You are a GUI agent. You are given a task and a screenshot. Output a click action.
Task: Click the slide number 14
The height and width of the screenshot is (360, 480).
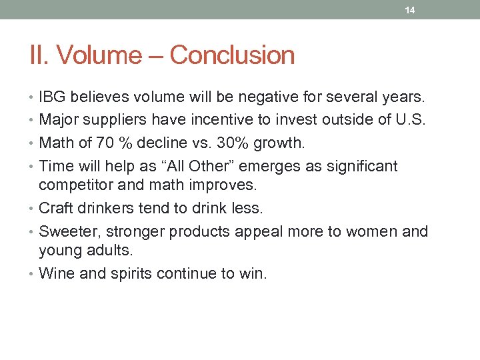[x=411, y=10]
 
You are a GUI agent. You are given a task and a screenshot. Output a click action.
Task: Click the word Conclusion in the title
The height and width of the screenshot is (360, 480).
[x=232, y=55]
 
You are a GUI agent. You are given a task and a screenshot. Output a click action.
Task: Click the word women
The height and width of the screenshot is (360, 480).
[x=373, y=231]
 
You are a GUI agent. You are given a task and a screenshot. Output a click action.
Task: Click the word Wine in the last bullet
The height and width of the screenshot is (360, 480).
[x=55, y=273]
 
